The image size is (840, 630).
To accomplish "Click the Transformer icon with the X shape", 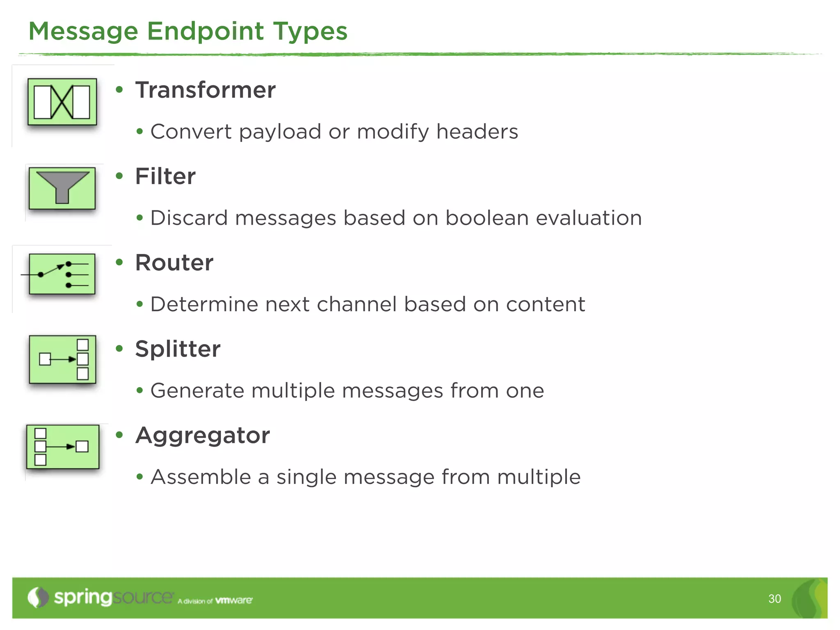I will [x=62, y=102].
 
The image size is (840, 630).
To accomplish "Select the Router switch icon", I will [x=62, y=274].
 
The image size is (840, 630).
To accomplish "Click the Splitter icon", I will [x=62, y=359].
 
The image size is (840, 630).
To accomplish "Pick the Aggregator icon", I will [x=62, y=446].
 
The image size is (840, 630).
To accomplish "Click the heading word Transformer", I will [x=205, y=90].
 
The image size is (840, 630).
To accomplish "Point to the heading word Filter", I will [x=165, y=176].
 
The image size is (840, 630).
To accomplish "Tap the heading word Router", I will [x=174, y=262].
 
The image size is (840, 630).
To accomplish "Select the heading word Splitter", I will [x=178, y=349].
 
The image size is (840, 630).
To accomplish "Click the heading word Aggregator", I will [x=203, y=436].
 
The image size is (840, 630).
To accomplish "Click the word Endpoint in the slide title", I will [x=205, y=31].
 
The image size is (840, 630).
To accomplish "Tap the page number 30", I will [x=774, y=599].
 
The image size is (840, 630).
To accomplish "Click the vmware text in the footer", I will [x=234, y=600].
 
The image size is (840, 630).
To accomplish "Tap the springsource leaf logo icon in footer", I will [x=38, y=597].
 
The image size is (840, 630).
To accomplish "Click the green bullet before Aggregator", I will [x=119, y=435].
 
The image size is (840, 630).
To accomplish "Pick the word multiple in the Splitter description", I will [x=293, y=391].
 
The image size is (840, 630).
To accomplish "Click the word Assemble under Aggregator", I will [x=201, y=477].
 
